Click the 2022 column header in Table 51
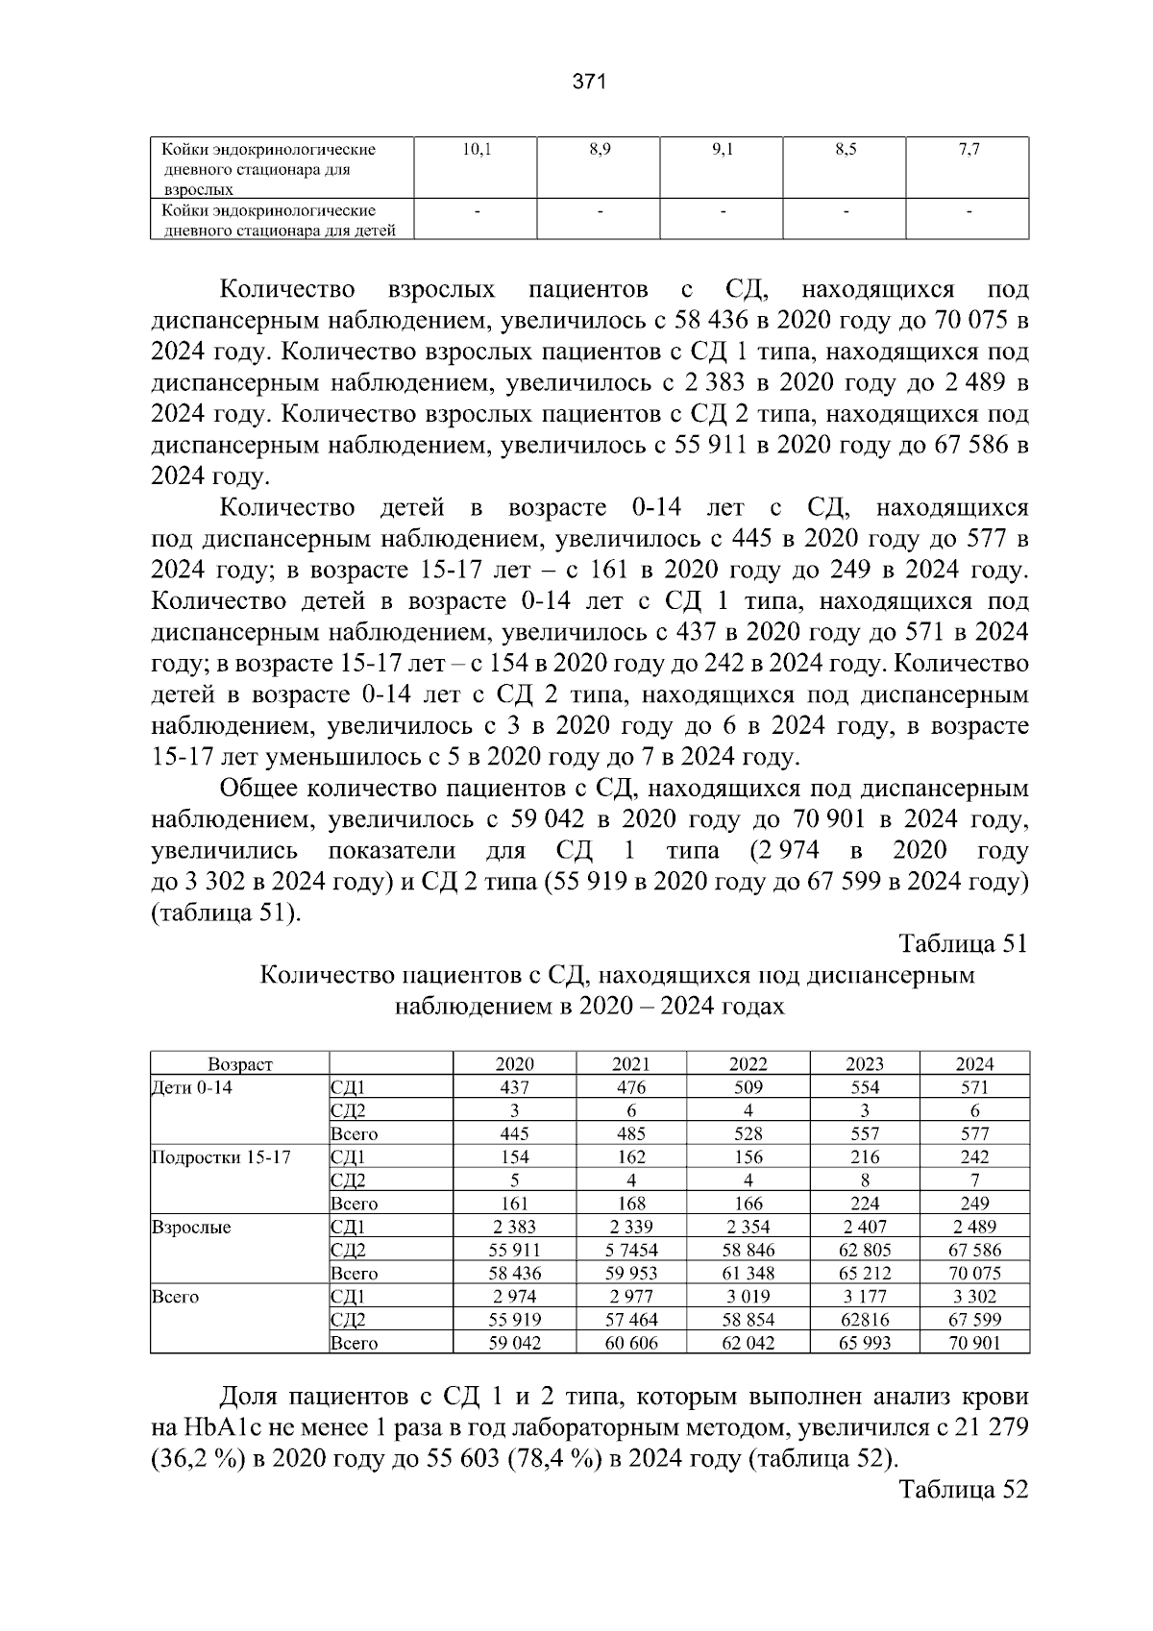748,1063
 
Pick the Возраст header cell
240,1063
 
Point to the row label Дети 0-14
192,1087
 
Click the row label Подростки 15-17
222,1156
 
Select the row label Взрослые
192,1227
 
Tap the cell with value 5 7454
631,1250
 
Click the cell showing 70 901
974,1343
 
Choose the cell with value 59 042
514,1343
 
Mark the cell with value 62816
865,1320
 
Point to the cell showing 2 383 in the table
514,1227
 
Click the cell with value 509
748,1087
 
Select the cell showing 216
865,1156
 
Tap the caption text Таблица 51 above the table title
964,943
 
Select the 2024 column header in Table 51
974,1063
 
